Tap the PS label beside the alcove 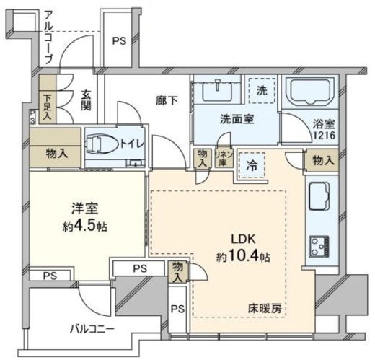[x=118, y=41]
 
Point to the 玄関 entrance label [x=85, y=100]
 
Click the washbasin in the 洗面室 [x=215, y=92]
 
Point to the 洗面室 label [x=236, y=120]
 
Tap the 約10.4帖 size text [x=242, y=255]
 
